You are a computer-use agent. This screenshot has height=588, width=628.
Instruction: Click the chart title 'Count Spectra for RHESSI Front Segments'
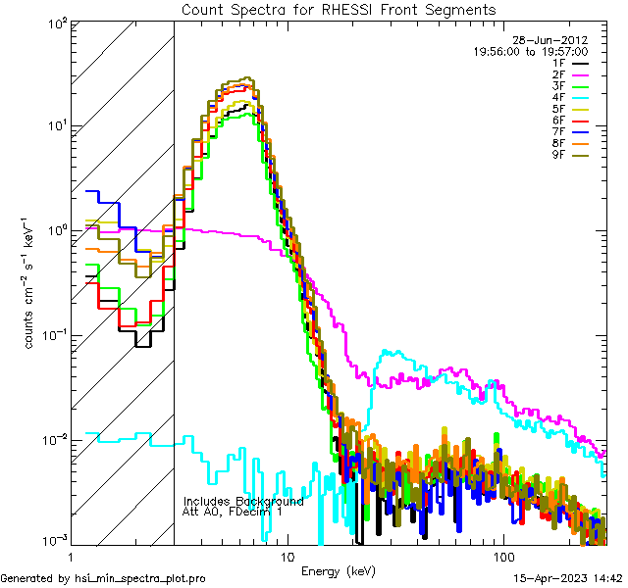(x=339, y=9)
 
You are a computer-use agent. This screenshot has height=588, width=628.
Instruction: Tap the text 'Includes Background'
(x=243, y=501)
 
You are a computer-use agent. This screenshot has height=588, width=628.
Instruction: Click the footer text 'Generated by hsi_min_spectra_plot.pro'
(x=103, y=578)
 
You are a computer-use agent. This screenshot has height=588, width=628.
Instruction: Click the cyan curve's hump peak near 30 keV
(x=390, y=350)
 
